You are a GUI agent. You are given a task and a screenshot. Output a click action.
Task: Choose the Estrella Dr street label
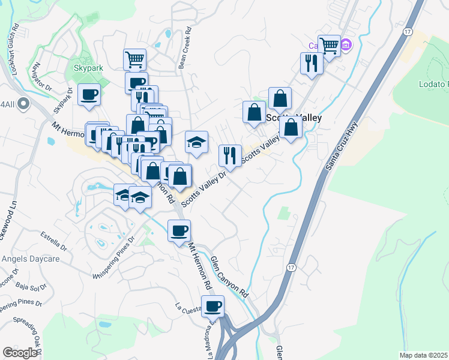[x=54, y=240]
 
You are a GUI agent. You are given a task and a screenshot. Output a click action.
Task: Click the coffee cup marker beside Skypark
[x=89, y=95]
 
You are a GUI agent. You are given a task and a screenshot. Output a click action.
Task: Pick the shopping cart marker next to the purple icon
[x=329, y=45]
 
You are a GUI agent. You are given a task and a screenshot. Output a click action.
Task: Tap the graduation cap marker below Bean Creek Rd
[x=196, y=142]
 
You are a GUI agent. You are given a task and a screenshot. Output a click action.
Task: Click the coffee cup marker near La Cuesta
[x=212, y=307]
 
